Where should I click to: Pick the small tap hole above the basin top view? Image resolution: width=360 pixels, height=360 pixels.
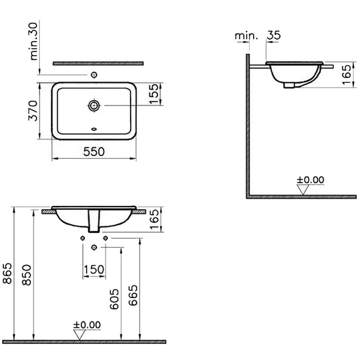pos(95,74)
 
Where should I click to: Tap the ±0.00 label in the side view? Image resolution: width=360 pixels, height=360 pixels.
pos(311,180)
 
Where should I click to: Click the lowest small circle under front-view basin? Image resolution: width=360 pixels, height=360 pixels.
pos(94,248)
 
